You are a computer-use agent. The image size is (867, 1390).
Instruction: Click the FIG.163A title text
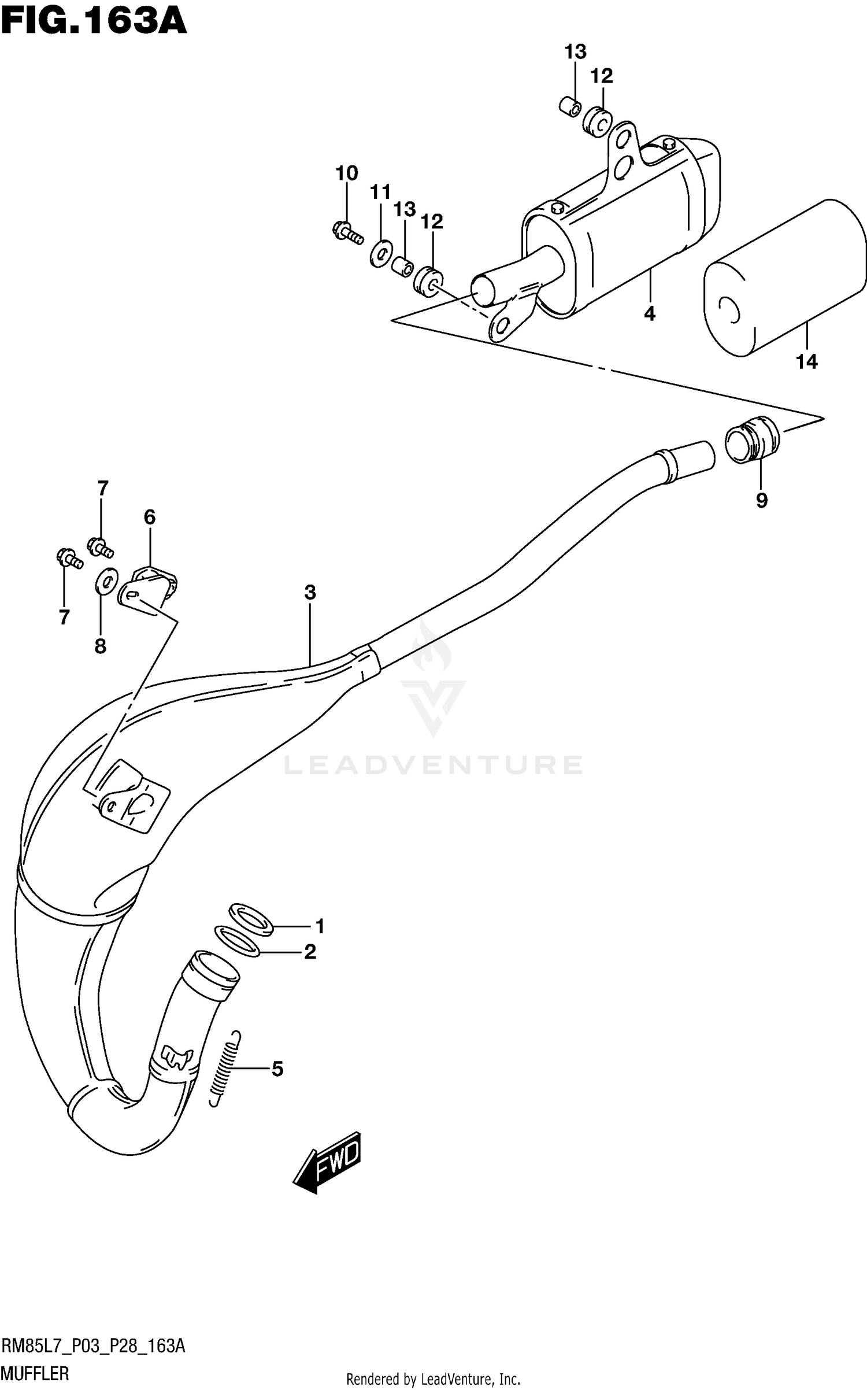[x=94, y=23]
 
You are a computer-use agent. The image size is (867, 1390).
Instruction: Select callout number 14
[x=807, y=362]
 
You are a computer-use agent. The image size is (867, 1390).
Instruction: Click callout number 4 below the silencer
[x=650, y=314]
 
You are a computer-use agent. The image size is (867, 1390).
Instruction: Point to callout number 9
[x=761, y=500]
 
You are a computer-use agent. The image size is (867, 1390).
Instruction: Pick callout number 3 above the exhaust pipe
[x=310, y=592]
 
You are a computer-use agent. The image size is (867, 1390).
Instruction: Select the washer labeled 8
[x=106, y=581]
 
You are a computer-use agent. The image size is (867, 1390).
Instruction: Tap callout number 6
[x=150, y=517]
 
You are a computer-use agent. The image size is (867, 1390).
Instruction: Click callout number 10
[x=347, y=173]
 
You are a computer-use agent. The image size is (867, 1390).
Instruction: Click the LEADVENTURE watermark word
[x=433, y=764]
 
